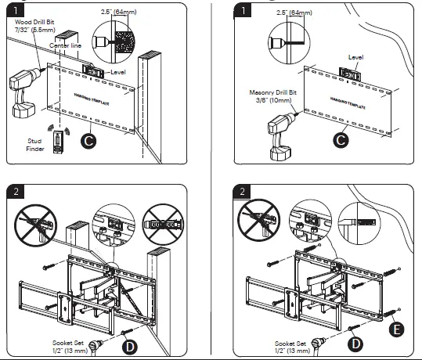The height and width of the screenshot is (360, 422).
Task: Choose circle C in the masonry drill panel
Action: [340, 141]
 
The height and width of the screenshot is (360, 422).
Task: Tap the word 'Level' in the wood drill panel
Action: [119, 71]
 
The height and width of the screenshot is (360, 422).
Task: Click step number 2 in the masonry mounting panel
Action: [245, 192]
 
